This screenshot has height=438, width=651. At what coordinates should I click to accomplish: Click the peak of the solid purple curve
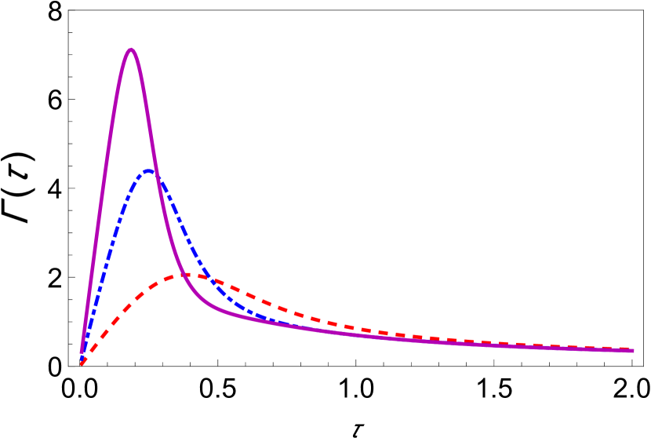131,50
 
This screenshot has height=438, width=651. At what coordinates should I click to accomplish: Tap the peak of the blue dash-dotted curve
147,171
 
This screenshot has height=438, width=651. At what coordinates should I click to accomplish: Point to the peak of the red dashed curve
188,275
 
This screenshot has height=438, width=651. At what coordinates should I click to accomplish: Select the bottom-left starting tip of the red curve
82,363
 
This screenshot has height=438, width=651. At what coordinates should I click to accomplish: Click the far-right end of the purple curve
632,351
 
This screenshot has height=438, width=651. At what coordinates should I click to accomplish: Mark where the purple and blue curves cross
155,173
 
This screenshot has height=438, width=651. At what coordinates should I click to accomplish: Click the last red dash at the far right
624,349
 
